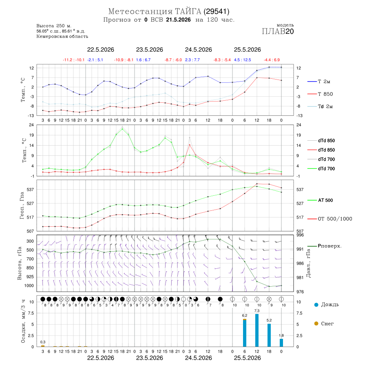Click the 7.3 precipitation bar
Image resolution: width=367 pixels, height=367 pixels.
click(257, 330)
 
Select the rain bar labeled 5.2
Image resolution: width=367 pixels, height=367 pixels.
click(269, 335)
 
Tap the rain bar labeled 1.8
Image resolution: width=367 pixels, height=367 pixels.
click(281, 343)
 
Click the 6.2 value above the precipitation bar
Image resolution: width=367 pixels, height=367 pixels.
click(245, 316)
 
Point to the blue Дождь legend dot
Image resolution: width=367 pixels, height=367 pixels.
click(316, 305)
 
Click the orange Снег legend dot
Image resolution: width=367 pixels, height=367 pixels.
click(316, 323)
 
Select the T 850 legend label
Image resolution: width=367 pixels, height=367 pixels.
click(325, 94)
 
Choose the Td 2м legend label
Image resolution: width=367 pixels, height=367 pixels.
click(325, 106)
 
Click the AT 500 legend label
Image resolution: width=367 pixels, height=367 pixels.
click(325, 200)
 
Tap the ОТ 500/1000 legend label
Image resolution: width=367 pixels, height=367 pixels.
click(335, 219)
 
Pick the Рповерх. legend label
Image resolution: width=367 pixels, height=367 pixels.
click(329, 246)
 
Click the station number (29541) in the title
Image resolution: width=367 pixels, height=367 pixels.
click(217, 11)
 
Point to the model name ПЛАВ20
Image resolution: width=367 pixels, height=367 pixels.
click(278, 31)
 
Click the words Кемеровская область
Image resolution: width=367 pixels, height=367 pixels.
click(62, 37)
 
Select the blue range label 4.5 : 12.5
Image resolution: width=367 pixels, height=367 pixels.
click(243, 60)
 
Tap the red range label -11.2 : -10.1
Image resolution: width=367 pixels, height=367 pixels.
click(73, 60)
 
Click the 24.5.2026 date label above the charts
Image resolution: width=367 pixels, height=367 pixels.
click(199, 50)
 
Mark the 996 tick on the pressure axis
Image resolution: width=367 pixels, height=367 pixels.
click(300, 235)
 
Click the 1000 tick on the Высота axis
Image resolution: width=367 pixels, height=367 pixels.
click(29, 285)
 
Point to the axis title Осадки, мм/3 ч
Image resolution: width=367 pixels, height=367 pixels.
click(23, 321)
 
